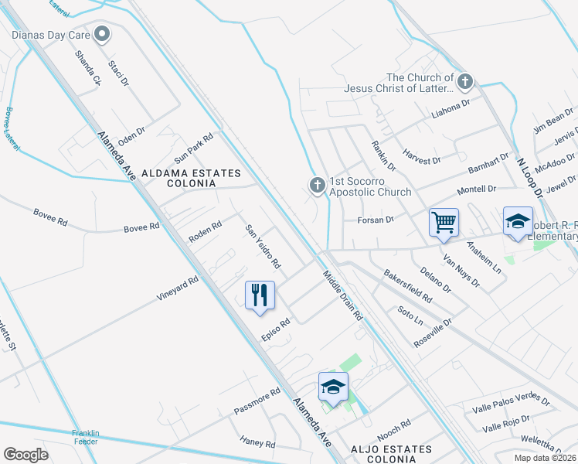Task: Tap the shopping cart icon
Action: [x=444, y=223]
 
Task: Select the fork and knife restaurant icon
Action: [x=260, y=295]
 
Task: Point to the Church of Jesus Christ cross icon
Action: [x=465, y=80]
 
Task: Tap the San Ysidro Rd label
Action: [x=263, y=247]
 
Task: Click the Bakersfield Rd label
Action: [x=407, y=286]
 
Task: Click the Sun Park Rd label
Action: [x=193, y=143]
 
